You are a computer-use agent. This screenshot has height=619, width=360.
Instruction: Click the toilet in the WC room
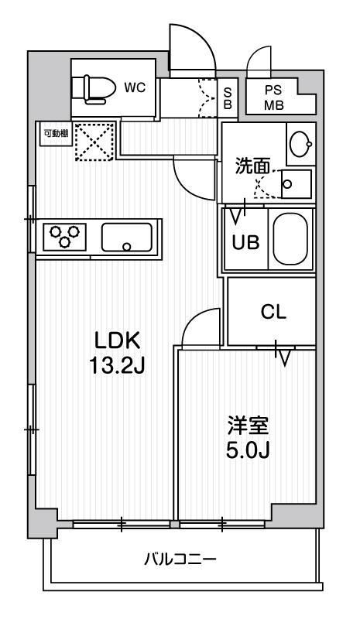point(92,87)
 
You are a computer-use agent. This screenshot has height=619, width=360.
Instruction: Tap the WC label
point(135,87)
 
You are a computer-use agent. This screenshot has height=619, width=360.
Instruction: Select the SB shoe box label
point(228,97)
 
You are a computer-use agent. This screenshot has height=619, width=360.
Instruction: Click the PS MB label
point(273,98)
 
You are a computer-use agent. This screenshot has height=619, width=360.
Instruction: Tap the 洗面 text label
point(253,165)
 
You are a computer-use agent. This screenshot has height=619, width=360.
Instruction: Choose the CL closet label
point(272,312)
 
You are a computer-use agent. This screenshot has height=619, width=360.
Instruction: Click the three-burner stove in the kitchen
point(65,236)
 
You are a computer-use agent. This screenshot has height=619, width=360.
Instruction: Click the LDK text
point(117,340)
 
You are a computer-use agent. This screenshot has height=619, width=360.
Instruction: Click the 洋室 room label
point(248,425)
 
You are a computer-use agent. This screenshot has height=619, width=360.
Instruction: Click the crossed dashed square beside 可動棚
point(94,142)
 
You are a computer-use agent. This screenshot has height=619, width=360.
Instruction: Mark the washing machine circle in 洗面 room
point(287,184)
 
